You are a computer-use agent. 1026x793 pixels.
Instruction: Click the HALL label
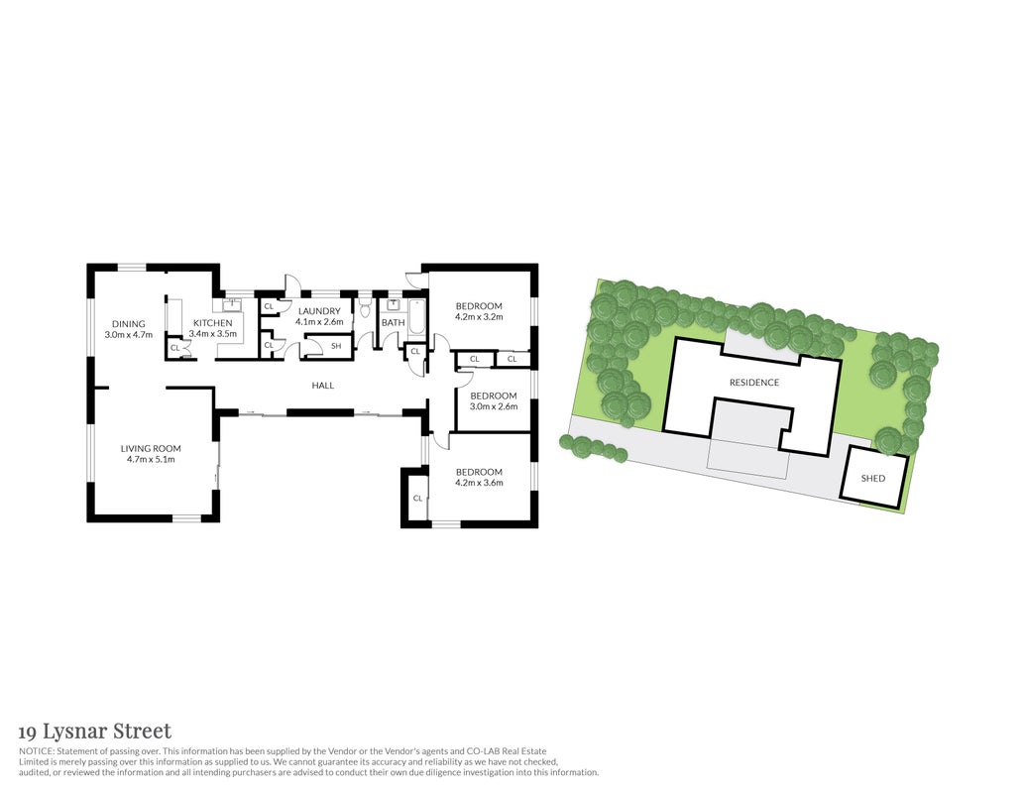click(x=322, y=386)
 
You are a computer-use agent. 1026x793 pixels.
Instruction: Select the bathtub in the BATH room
click(x=416, y=318)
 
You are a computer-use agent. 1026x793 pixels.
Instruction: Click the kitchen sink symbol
click(x=232, y=305)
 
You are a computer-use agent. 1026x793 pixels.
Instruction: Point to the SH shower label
click(x=336, y=346)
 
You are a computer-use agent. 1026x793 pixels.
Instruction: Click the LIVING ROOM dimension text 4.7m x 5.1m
click(x=151, y=459)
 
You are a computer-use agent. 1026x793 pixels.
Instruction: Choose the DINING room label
click(x=128, y=324)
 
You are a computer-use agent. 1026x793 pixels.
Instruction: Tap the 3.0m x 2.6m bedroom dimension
click(x=494, y=406)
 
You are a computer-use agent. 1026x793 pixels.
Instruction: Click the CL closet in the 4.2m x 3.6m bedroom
click(x=417, y=499)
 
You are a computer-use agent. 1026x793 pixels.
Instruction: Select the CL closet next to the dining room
click(x=174, y=348)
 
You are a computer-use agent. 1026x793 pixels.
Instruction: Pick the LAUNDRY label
click(x=319, y=311)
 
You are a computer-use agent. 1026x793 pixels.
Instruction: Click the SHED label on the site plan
click(x=873, y=479)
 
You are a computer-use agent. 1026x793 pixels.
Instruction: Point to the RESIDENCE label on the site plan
click(x=754, y=382)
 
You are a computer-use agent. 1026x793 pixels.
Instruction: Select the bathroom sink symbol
click(x=394, y=305)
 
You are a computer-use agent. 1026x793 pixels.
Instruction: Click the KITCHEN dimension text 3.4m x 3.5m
click(x=213, y=334)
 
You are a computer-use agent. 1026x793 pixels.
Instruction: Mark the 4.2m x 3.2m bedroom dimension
click(x=479, y=316)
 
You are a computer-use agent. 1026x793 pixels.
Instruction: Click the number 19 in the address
click(x=27, y=732)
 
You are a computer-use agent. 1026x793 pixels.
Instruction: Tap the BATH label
click(x=394, y=322)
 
